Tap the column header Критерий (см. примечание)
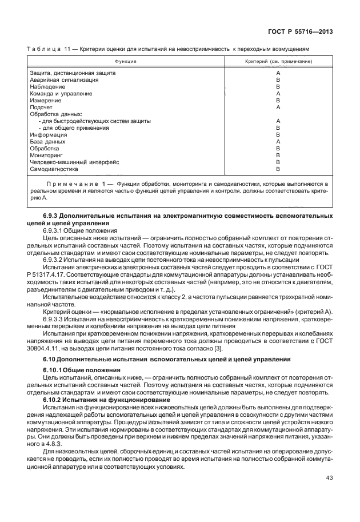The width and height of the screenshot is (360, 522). click(x=278, y=60)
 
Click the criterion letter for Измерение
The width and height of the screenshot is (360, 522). click(x=278, y=101)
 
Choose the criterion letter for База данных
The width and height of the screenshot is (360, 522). click(x=278, y=142)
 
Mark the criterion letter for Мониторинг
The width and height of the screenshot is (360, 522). click(x=278, y=156)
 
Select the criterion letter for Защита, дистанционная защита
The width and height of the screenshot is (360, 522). click(x=278, y=73)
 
